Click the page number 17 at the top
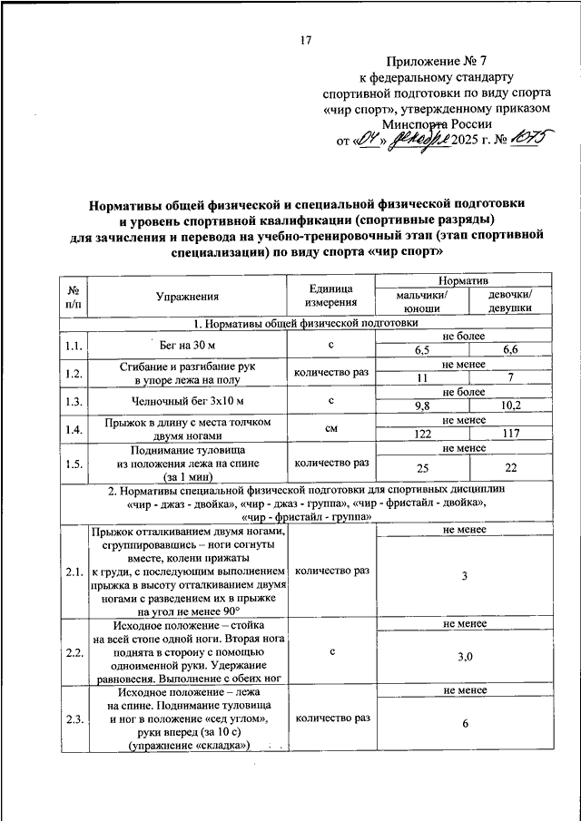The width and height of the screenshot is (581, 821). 306,39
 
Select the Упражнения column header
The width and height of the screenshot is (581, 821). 187,296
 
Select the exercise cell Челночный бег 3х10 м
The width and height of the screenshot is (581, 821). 187,399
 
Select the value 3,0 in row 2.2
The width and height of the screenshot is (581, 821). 465,657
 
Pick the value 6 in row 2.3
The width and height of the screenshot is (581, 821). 465,724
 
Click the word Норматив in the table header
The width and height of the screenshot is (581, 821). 465,283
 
